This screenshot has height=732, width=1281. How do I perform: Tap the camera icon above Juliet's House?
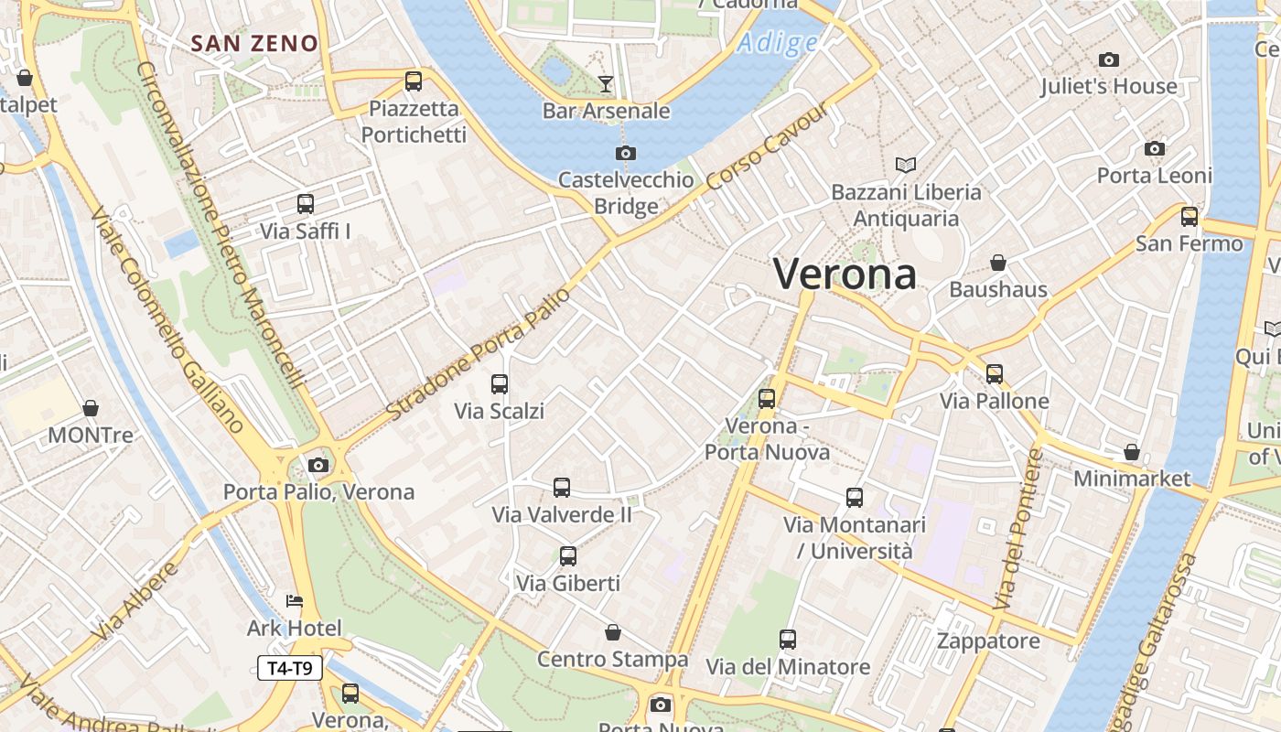coord(1109,60)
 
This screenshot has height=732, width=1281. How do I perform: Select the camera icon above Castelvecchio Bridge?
coord(626,153)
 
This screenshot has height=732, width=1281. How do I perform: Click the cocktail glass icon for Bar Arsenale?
coord(606,84)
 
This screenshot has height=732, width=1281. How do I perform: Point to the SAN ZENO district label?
coord(254,43)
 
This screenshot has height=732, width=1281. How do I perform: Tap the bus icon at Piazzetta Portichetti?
coord(414,81)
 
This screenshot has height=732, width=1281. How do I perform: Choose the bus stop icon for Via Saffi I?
coord(306,204)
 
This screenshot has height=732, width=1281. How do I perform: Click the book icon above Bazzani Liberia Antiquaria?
coord(906,165)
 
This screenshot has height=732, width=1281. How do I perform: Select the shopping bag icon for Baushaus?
coord(998,263)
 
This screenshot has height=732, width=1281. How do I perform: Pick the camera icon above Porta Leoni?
coord(1155,148)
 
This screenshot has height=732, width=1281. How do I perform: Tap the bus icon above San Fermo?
coord(1189,217)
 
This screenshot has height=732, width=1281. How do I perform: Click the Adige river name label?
coord(778,43)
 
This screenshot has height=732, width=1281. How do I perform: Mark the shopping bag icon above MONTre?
coord(91,407)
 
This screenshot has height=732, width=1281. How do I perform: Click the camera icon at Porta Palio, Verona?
coord(318,465)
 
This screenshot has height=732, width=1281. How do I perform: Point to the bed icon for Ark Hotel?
coord(294,601)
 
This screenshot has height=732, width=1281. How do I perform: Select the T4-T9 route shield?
coord(290,669)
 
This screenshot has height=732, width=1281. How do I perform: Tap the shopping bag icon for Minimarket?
coord(1132,452)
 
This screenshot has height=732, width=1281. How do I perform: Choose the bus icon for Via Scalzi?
coord(500,384)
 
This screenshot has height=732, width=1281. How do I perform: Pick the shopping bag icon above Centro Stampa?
coord(613,632)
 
